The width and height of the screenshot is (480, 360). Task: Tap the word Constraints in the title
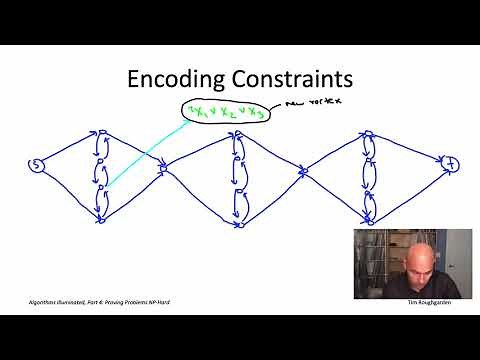click(295, 79)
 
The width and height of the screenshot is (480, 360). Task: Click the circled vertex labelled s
click(37, 165)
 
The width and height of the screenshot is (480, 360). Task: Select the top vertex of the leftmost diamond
click(101, 130)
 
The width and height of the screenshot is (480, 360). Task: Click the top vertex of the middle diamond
click(237, 131)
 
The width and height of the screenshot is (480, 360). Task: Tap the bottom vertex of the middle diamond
click(238, 224)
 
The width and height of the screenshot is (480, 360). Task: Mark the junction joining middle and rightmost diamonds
click(303, 172)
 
